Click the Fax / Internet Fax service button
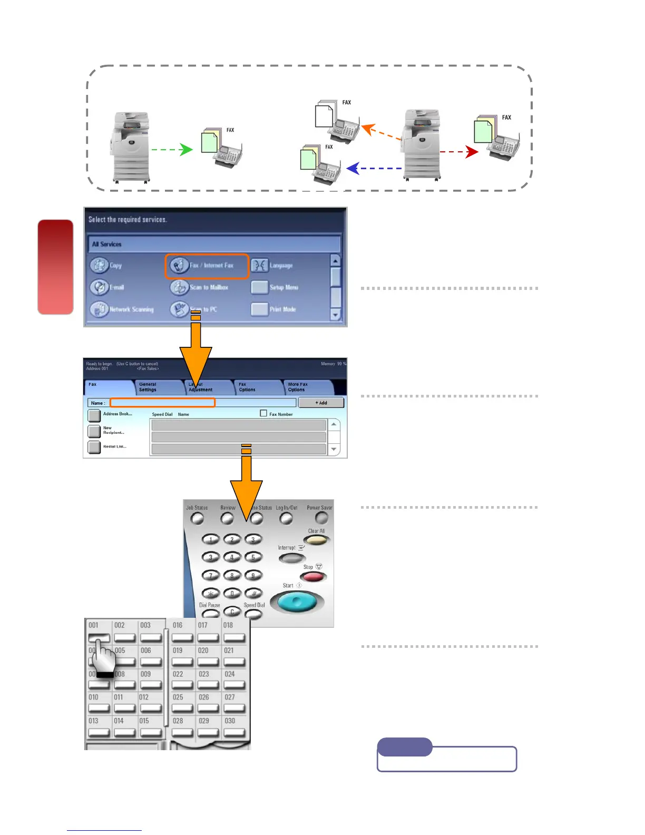(x=207, y=266)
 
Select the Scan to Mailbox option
(x=200, y=287)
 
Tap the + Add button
(x=321, y=403)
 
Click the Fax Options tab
(x=255, y=387)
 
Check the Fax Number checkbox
(x=263, y=414)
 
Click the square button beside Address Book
(x=94, y=415)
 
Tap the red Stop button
(x=313, y=577)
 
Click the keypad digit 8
(x=232, y=576)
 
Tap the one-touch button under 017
(x=208, y=638)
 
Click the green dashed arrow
(x=172, y=150)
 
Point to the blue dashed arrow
(x=374, y=169)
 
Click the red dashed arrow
(x=459, y=152)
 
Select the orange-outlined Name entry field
(x=162, y=403)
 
